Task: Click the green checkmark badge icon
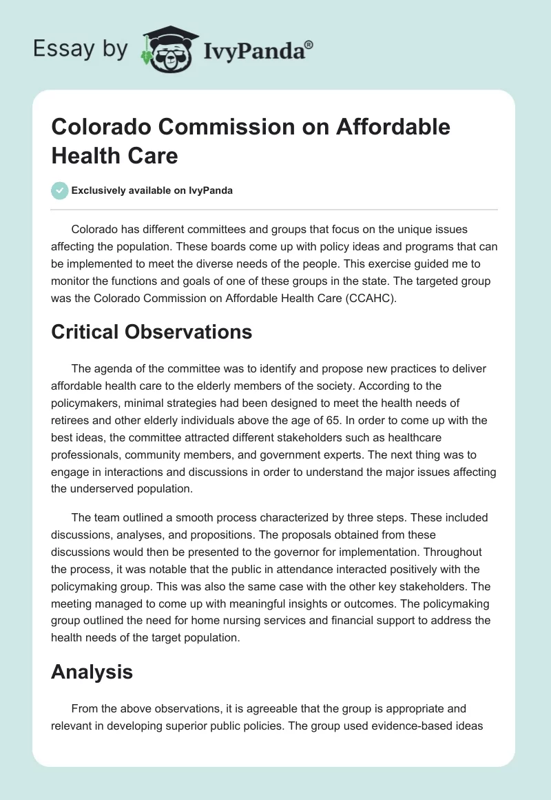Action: pyautogui.click(x=60, y=190)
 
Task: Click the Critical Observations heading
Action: pyautogui.click(x=152, y=332)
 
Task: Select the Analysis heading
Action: pyautogui.click(x=92, y=672)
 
